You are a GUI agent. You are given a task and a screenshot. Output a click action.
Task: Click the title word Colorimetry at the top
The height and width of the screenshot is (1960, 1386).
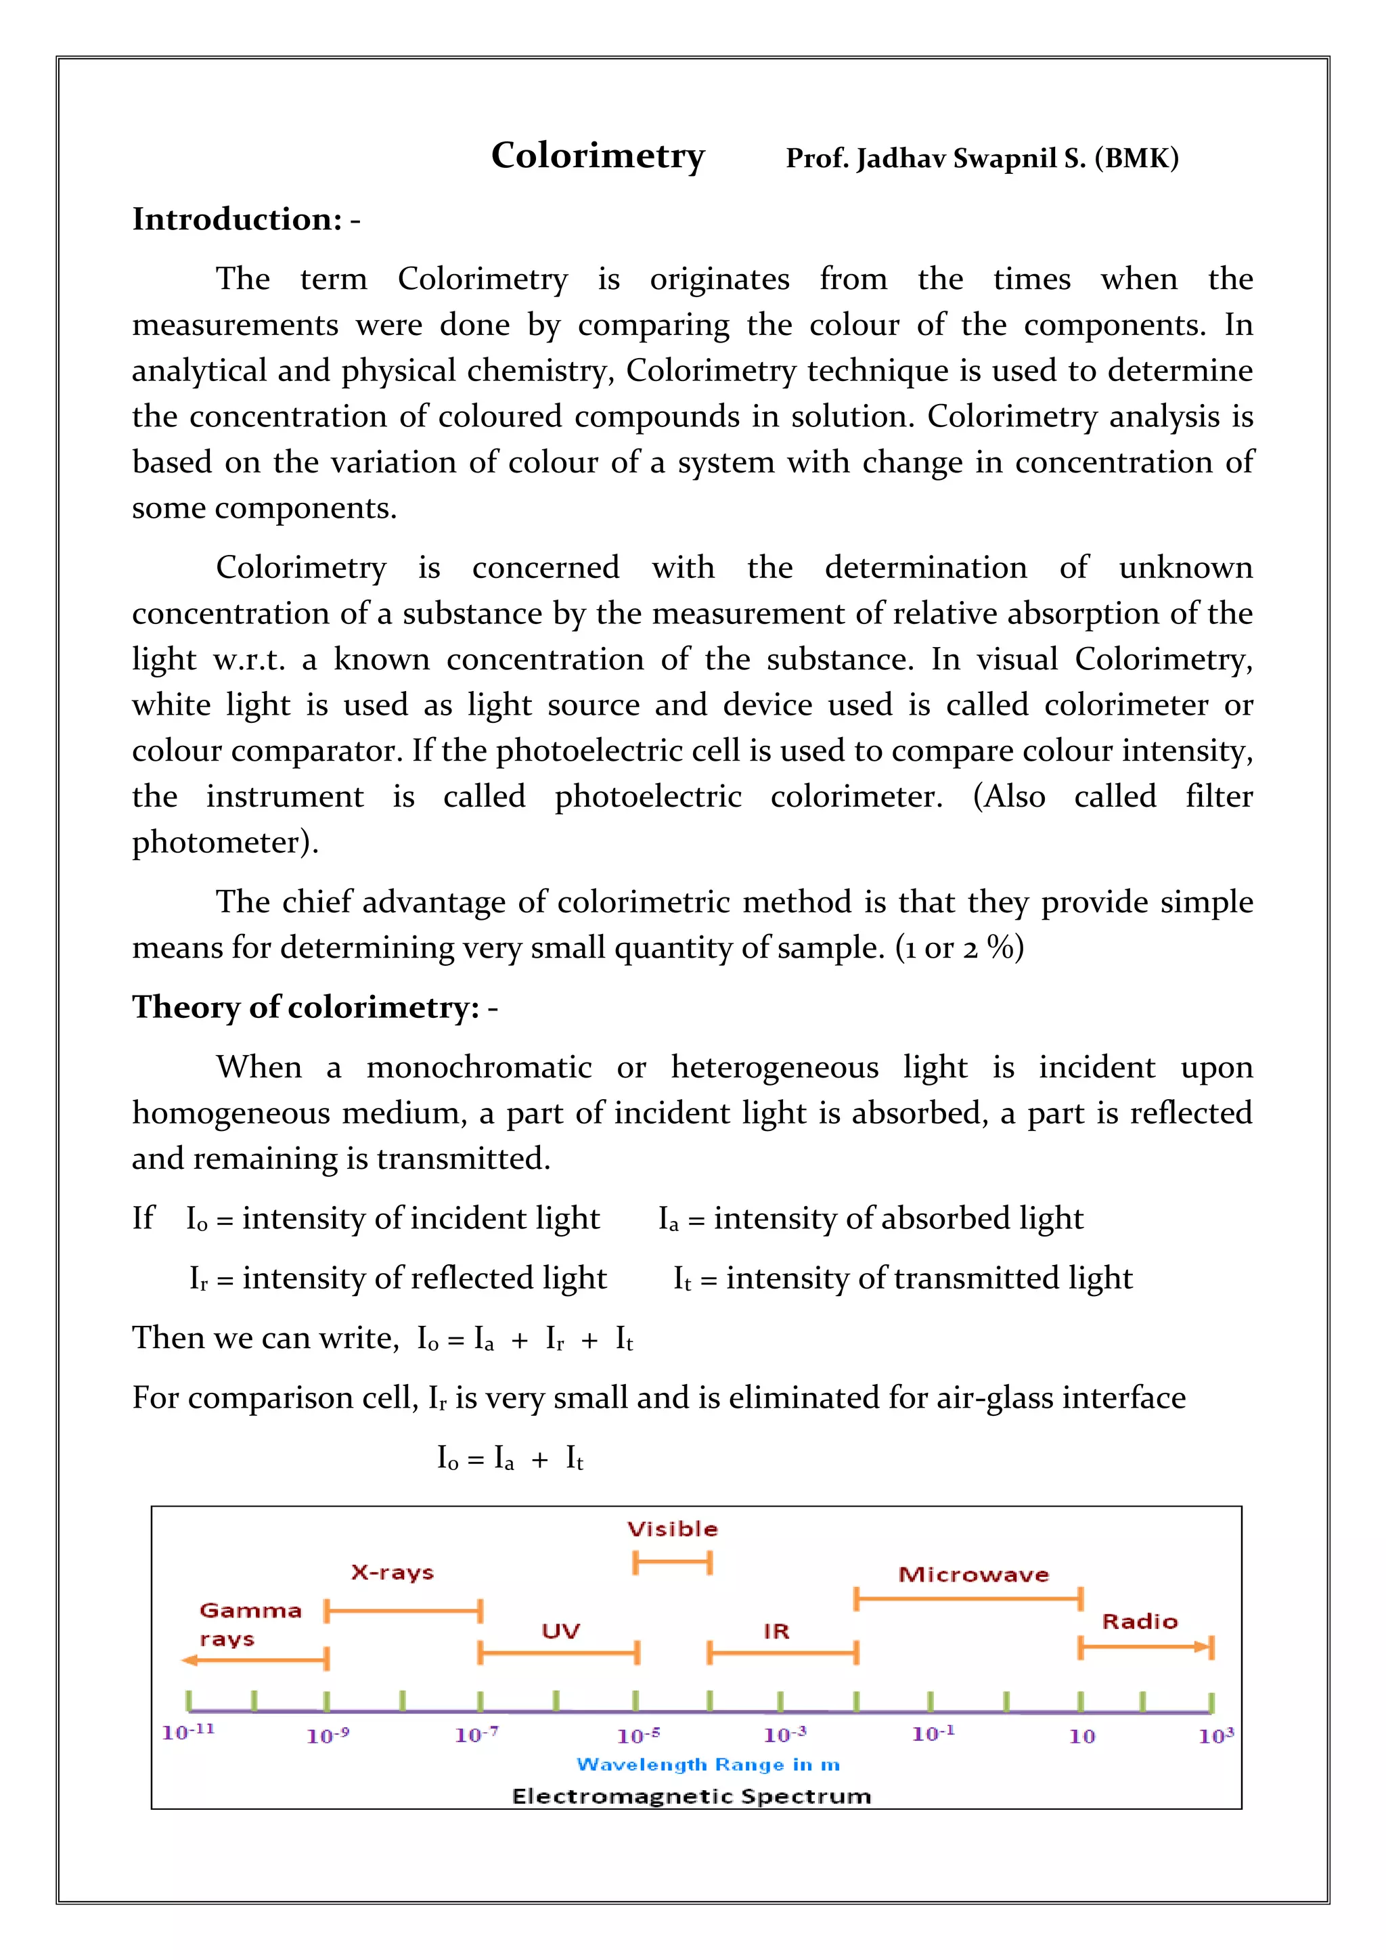point(598,156)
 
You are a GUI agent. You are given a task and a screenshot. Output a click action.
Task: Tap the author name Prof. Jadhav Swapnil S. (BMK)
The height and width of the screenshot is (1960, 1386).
point(981,159)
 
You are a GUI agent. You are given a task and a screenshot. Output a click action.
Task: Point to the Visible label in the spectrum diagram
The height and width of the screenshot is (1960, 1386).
point(673,1529)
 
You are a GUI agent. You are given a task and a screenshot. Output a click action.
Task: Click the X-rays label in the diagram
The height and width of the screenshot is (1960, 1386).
point(393,1572)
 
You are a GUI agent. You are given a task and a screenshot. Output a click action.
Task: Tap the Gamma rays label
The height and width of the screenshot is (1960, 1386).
point(249,1624)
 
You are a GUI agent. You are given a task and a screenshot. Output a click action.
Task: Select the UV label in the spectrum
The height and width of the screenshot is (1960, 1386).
point(561,1631)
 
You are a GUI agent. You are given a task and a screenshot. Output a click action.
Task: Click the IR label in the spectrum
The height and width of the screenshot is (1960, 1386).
point(777,1631)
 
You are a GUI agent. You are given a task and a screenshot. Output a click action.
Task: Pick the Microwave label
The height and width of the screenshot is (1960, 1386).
point(973,1574)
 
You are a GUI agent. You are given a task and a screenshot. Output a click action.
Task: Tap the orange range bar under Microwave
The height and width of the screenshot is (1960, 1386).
point(968,1598)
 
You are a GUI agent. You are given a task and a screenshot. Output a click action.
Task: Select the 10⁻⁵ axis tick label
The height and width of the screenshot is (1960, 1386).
point(638,1735)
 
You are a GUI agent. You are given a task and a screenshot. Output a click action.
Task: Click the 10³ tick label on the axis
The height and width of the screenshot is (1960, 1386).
point(1215,1735)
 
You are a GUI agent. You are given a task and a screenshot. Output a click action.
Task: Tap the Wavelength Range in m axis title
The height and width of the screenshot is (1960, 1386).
point(707,1764)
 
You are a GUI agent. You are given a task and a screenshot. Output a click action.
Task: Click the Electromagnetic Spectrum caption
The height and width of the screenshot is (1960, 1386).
point(691,1796)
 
